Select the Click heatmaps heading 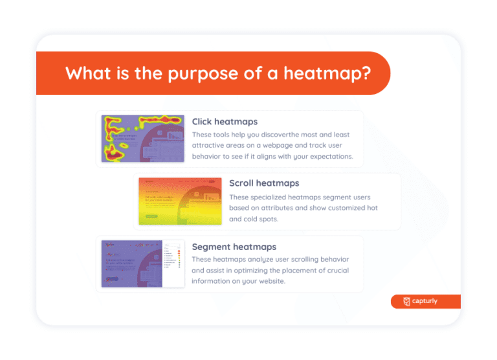[225, 121]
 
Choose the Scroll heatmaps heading [264, 183]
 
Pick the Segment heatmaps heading [234, 247]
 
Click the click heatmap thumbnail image [142, 139]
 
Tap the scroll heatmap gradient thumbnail [179, 201]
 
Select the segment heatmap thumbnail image [142, 264]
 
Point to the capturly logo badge [425, 301]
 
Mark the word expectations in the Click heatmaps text [326, 157]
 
